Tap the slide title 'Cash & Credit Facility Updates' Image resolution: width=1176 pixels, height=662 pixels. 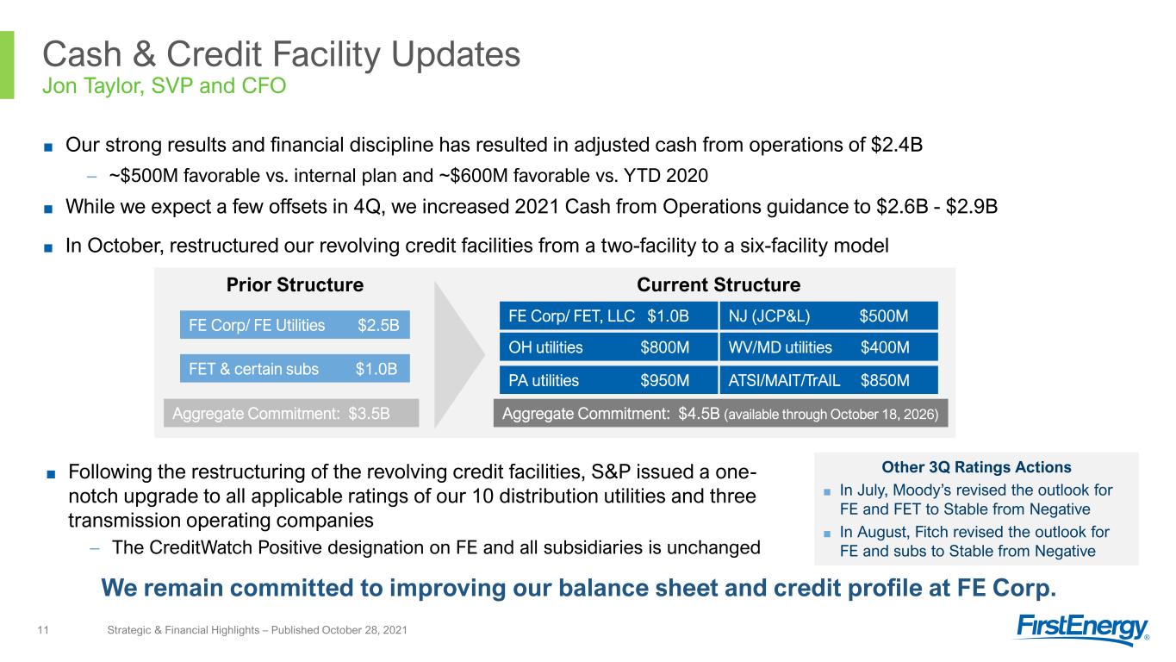[x=282, y=54]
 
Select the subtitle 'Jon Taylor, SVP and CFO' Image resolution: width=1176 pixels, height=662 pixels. [x=165, y=85]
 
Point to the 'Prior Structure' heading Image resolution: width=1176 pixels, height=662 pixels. [x=295, y=284]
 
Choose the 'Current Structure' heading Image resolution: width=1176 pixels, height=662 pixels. [x=719, y=284]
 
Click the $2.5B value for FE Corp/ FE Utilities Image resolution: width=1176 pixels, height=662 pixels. [x=378, y=325]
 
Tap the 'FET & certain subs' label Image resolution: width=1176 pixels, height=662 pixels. [x=253, y=369]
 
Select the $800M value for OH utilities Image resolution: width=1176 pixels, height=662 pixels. [x=664, y=347]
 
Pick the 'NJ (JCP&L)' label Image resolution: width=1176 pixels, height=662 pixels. [x=769, y=315]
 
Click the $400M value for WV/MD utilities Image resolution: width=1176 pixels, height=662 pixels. [x=885, y=347]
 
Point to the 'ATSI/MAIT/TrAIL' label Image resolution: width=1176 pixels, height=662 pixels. [x=784, y=380]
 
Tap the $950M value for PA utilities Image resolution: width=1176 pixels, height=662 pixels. [x=664, y=380]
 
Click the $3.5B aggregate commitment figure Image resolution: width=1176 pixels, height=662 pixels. [x=369, y=414]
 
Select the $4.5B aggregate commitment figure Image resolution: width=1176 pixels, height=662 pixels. [x=699, y=414]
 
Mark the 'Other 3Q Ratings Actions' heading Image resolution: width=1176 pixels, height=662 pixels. [x=976, y=467]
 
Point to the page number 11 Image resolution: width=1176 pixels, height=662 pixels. [x=43, y=629]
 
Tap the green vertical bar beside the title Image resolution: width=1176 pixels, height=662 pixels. [x=7, y=66]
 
